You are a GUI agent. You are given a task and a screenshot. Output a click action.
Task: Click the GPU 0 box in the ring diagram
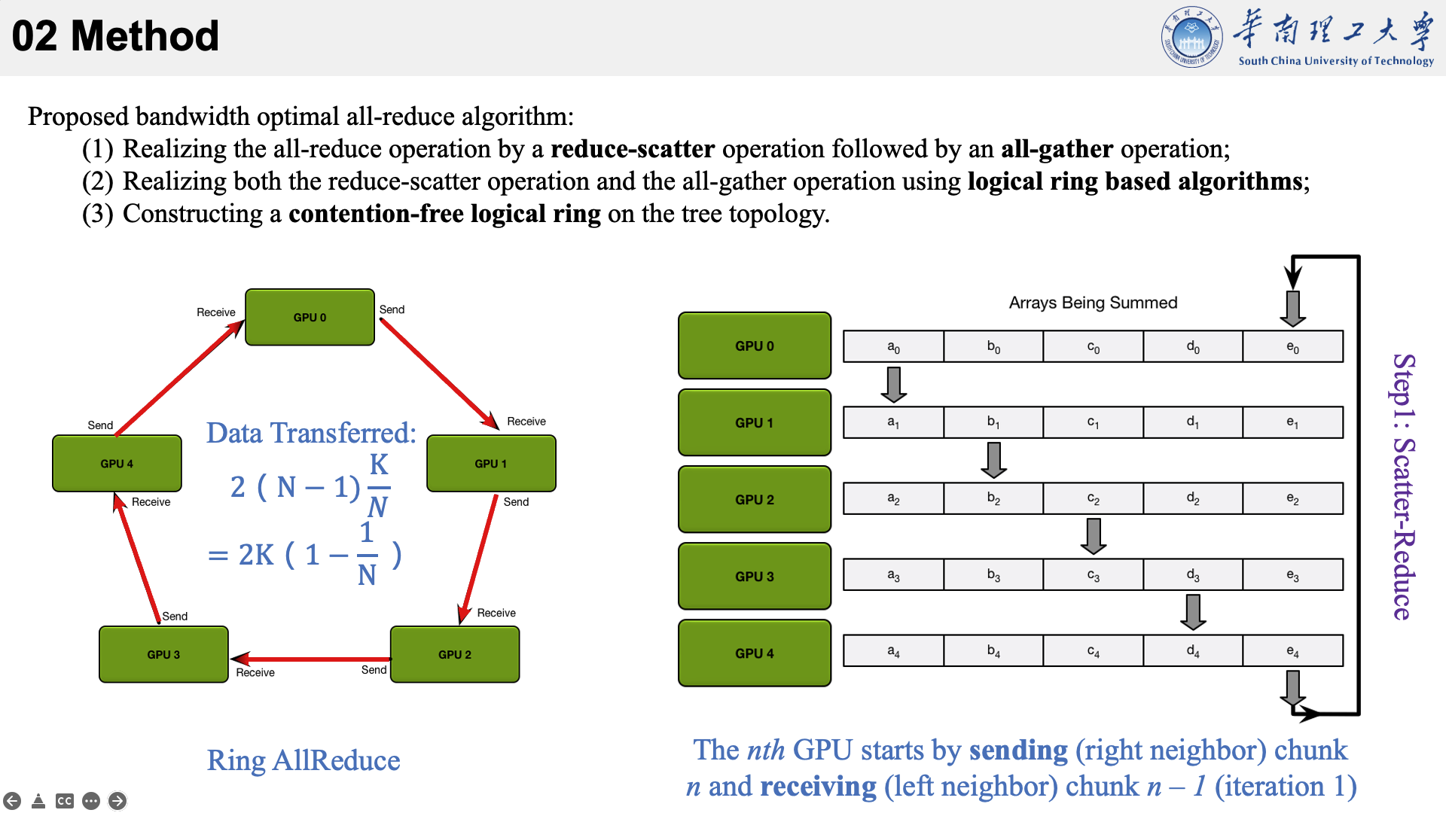[x=310, y=317]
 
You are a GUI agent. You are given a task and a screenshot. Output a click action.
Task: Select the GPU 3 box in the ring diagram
[x=163, y=654]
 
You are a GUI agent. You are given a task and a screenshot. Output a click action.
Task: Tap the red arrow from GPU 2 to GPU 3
[x=310, y=659]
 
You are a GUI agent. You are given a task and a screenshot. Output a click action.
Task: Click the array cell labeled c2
[x=1093, y=498]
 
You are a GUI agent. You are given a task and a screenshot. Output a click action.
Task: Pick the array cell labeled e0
[x=1292, y=346]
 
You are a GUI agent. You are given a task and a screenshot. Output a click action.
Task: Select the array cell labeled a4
[x=893, y=650]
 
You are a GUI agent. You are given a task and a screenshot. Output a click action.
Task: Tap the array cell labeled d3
[x=1193, y=574]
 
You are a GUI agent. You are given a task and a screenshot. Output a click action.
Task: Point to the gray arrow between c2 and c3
[x=1093, y=536]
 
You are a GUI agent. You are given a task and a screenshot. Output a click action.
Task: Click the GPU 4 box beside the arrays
[x=755, y=653]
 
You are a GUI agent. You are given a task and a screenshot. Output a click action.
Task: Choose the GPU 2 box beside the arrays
[x=755, y=499]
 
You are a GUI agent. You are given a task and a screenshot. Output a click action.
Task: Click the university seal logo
[x=1191, y=37]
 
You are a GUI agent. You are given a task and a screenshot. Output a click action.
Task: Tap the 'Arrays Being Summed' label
[x=1093, y=303]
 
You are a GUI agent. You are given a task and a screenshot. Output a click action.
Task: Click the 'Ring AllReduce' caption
[x=304, y=760]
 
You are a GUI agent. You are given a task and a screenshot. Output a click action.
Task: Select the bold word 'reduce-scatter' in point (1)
[x=633, y=149]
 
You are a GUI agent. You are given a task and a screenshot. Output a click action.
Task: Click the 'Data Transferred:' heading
[x=311, y=433]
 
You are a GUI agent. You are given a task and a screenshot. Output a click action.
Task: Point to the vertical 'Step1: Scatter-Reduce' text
[x=1403, y=486]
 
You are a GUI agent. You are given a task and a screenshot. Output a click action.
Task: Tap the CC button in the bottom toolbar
[x=65, y=801]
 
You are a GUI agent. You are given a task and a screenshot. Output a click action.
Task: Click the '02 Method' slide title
[x=115, y=35]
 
